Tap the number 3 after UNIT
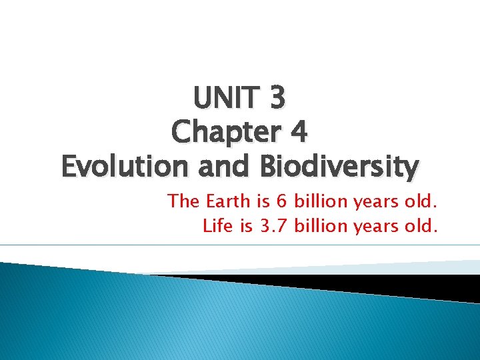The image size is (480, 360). coord(278,98)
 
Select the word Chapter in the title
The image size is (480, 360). coord(221,133)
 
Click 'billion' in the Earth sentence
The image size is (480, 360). coord(319,201)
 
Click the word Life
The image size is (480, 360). coord(218,227)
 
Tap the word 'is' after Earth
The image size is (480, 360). coord(261,201)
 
